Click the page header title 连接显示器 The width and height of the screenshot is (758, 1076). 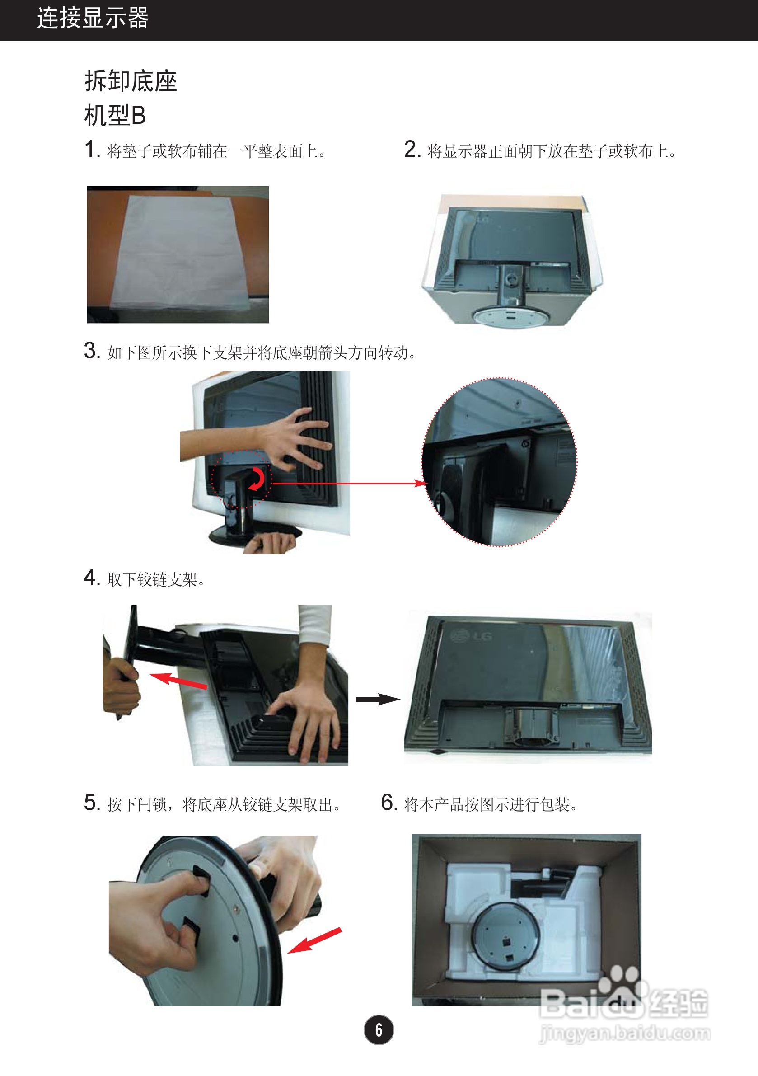tap(93, 18)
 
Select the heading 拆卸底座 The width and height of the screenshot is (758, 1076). tap(131, 80)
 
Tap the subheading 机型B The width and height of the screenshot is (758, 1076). tap(115, 115)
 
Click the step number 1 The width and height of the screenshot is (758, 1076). tap(92, 150)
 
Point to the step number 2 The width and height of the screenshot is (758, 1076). tap(412, 149)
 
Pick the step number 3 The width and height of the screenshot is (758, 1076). tap(92, 351)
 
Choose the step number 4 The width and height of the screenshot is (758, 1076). tap(92, 578)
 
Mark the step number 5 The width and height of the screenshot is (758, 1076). tap(92, 802)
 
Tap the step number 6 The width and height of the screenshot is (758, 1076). tap(389, 802)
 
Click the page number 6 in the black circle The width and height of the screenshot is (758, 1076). tap(379, 1029)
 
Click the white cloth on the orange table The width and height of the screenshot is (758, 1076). tap(180, 253)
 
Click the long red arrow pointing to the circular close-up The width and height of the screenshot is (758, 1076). tap(350, 483)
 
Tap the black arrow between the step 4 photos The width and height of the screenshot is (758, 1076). tap(378, 699)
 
